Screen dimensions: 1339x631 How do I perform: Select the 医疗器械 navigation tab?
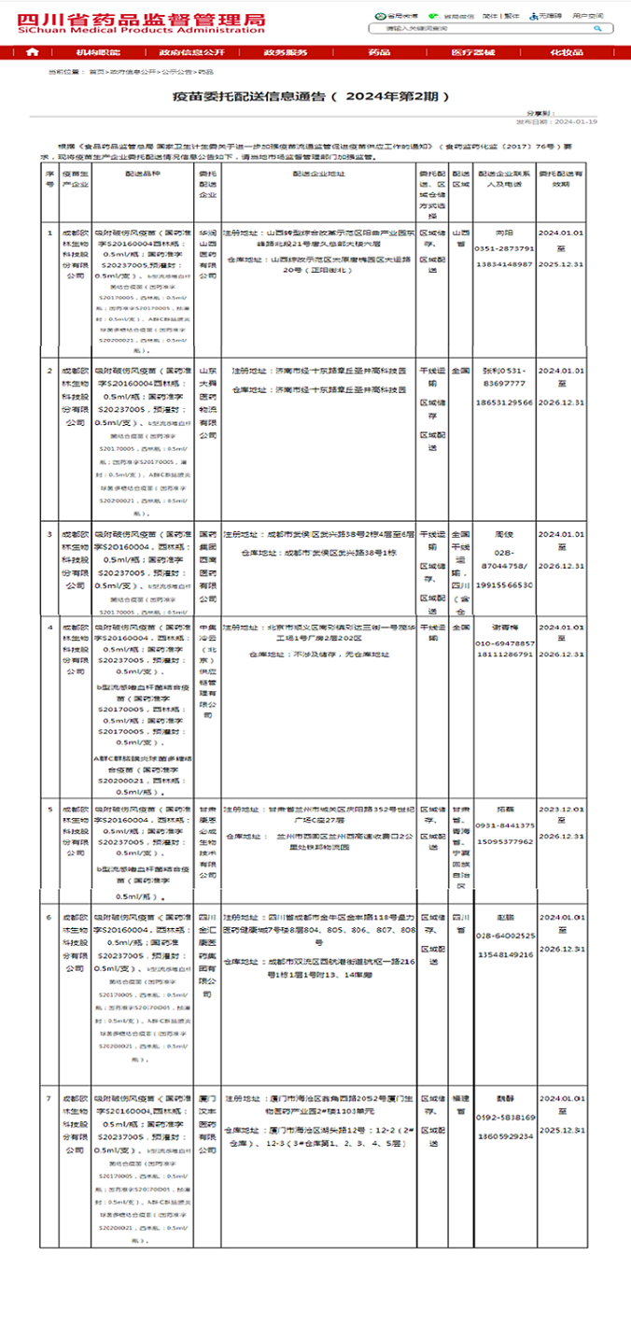point(472,52)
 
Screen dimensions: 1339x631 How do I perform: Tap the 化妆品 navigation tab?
point(566,52)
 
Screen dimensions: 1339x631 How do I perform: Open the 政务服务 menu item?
point(285,52)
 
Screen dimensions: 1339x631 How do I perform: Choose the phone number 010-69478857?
point(506,643)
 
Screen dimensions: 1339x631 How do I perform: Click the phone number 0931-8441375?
point(505,825)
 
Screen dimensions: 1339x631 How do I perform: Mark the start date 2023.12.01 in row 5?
point(561,810)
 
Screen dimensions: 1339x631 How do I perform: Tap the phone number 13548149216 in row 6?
point(505,954)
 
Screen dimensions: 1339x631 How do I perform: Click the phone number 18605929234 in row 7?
point(505,1135)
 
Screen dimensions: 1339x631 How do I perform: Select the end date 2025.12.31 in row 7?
point(561,1130)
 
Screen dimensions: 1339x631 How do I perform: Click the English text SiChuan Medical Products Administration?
point(141,29)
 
